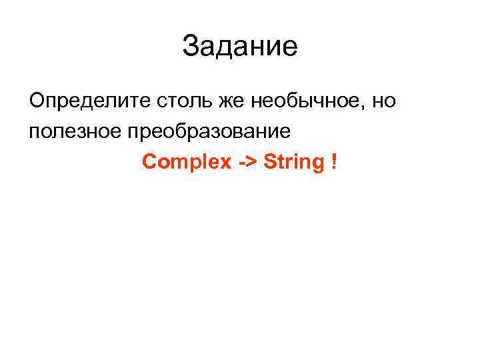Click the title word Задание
click(240, 47)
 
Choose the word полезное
click(73, 131)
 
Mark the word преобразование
click(207, 132)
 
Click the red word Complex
click(186, 162)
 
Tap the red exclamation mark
click(333, 161)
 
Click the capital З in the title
click(190, 47)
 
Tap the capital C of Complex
click(149, 161)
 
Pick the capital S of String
click(269, 161)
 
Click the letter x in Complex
click(224, 163)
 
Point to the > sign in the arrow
click(251, 162)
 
